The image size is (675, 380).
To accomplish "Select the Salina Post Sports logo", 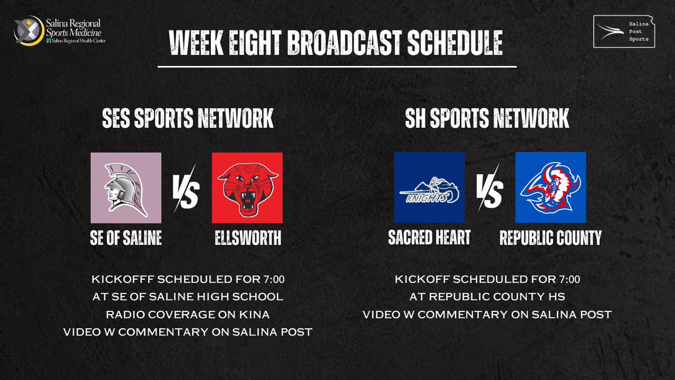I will point(624,32).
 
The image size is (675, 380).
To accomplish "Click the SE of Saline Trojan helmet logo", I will point(126,187).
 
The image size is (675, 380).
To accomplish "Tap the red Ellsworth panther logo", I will point(247,187).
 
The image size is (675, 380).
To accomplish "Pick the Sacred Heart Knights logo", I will point(429,187).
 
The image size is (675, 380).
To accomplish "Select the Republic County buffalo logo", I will point(550,187).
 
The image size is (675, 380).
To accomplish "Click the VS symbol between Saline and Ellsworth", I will point(186,189).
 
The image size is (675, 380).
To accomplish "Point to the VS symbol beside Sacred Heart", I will point(489,189).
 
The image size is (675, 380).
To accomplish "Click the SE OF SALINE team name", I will point(126,238).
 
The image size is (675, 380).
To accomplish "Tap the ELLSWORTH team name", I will point(247,238).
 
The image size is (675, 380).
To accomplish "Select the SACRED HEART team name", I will point(429,238).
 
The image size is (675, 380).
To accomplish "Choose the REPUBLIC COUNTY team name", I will point(550,238).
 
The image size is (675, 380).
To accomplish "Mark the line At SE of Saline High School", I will point(187,297).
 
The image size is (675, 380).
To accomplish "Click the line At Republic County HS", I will point(487,297).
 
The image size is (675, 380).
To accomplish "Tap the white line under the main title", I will point(337,67).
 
